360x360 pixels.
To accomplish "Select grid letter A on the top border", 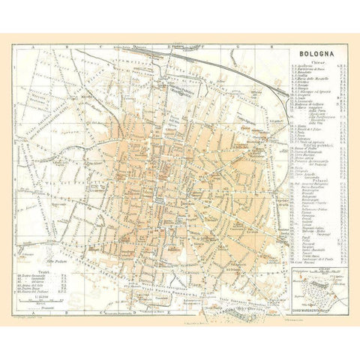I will (x=33, y=46).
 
